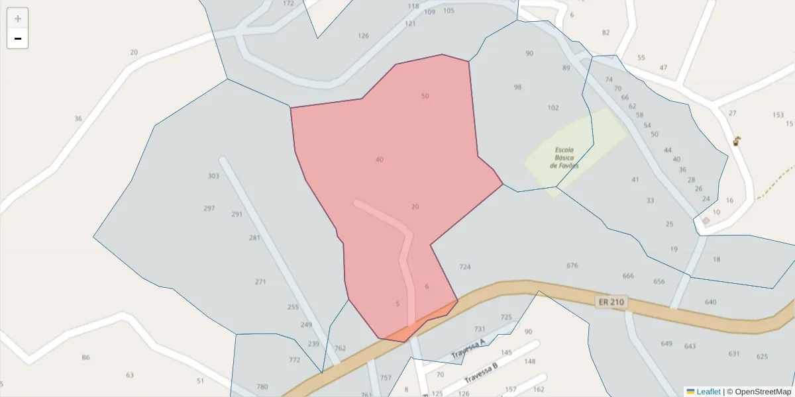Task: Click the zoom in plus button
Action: pyautogui.click(x=18, y=19)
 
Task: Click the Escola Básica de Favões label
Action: pyautogui.click(x=564, y=157)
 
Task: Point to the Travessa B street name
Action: pyautogui.click(x=481, y=372)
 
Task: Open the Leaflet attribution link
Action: pyautogui.click(x=708, y=392)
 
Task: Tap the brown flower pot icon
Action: pyautogui.click(x=737, y=141)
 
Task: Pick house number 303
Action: pyautogui.click(x=213, y=176)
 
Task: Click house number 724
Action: pyautogui.click(x=465, y=267)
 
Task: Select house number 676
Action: pyautogui.click(x=572, y=265)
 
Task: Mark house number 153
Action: pyautogui.click(x=778, y=114)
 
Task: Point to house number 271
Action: pyautogui.click(x=260, y=282)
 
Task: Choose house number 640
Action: pyautogui.click(x=711, y=302)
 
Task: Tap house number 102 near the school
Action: pyautogui.click(x=553, y=108)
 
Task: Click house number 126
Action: pyautogui.click(x=363, y=36)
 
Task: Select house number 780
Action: pyautogui.click(x=262, y=387)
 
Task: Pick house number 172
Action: pyautogui.click(x=288, y=3)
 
